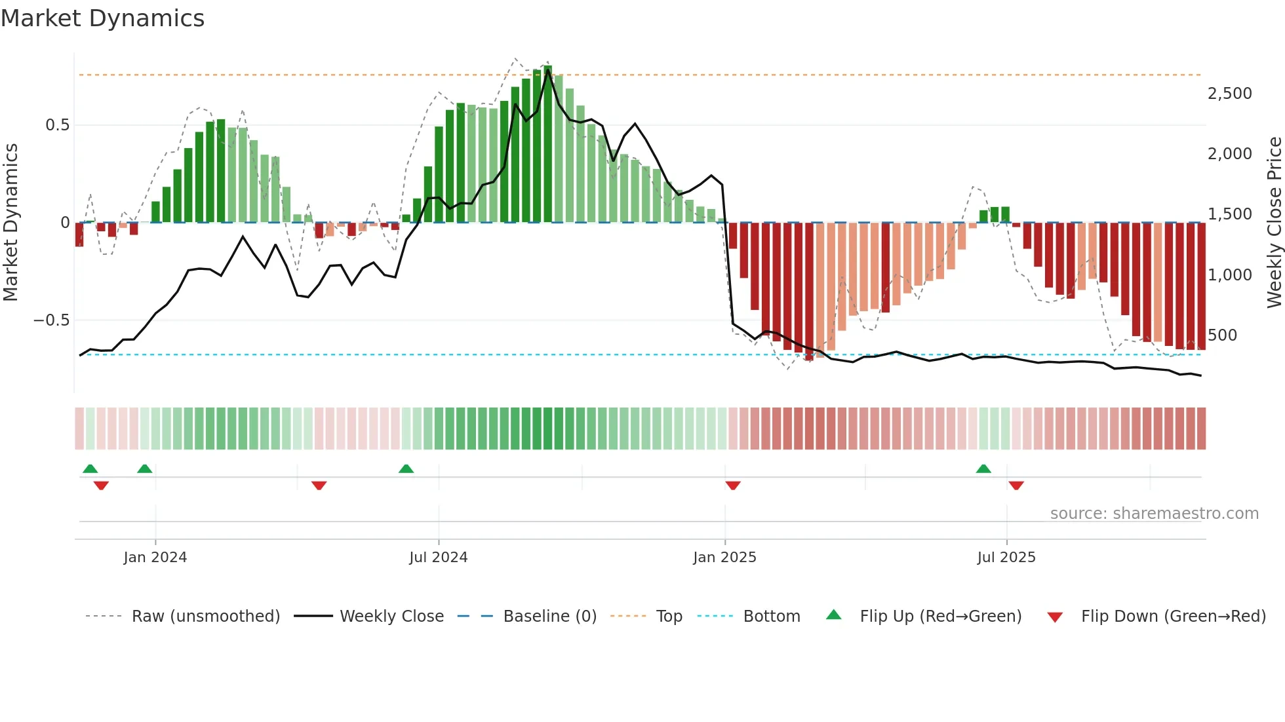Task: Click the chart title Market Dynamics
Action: point(102,18)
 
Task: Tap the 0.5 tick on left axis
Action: point(57,125)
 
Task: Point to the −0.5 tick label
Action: point(51,320)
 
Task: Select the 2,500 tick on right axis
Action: point(1229,94)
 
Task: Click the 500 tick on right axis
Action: point(1222,335)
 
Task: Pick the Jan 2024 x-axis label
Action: point(155,558)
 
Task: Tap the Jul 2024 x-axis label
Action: point(438,558)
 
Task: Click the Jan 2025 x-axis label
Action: point(724,558)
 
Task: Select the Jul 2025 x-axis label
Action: point(1006,558)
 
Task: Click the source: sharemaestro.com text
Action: point(1154,514)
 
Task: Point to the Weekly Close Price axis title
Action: point(1274,222)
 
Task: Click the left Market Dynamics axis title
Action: point(10,222)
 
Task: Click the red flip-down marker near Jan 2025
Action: point(733,485)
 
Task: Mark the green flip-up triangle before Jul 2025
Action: point(983,468)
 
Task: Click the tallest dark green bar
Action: point(547,144)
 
